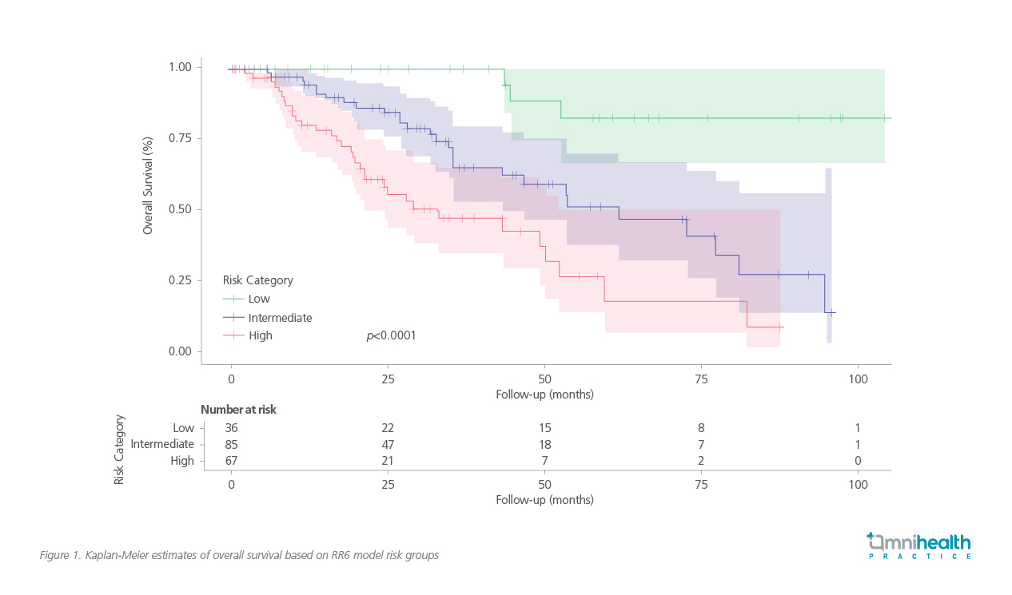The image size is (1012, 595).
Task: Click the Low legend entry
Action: pos(259,299)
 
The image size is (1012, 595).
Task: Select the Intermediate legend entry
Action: pos(279,318)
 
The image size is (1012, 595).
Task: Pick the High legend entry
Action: pos(260,336)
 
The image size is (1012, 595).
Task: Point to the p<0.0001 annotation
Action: pos(391,336)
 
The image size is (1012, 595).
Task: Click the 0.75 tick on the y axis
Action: pos(179,138)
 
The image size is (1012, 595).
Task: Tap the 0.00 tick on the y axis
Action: pos(179,352)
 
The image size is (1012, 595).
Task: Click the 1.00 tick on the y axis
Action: pos(179,67)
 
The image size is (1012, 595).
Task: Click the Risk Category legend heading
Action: pos(257,280)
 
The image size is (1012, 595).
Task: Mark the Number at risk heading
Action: pos(238,410)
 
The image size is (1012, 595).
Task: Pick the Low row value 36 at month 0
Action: pos(231,428)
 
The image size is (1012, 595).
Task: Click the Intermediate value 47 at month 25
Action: pos(388,444)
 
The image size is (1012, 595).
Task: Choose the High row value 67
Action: pos(231,461)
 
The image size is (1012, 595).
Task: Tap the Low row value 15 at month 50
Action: pos(544,428)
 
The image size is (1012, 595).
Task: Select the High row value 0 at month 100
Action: pos(858,461)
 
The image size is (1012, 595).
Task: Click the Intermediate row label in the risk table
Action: pos(162,444)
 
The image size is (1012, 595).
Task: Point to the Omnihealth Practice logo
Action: pos(919,545)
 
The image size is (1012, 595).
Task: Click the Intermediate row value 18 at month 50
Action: pos(544,444)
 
